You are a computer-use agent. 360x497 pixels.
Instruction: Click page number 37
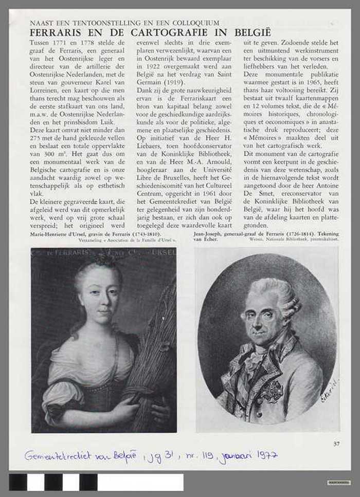click(336, 444)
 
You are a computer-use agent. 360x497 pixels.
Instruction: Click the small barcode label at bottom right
click(339, 482)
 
